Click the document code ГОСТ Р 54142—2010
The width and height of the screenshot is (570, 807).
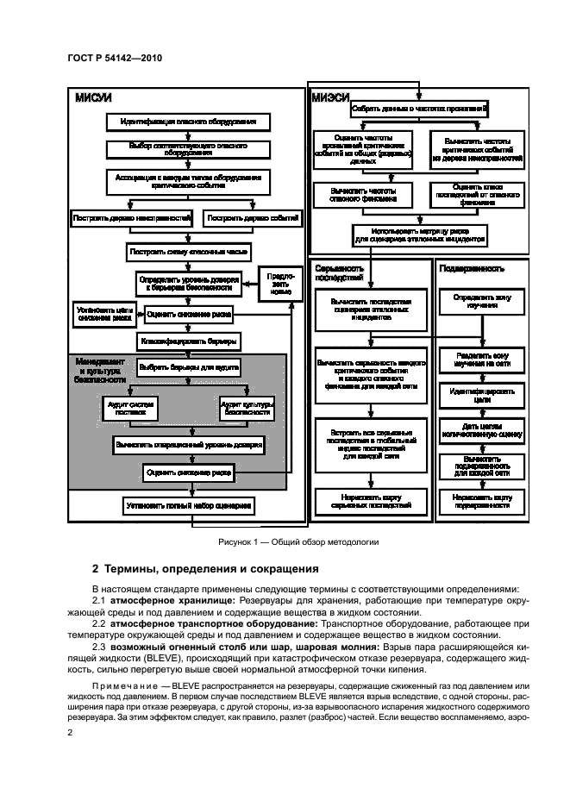[x=115, y=58]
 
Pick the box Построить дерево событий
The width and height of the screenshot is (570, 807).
[x=252, y=220]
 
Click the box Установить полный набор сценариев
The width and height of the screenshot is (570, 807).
[x=189, y=505]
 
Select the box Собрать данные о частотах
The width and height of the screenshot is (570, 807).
[x=419, y=109]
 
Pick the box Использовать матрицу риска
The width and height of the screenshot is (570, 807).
[x=419, y=235]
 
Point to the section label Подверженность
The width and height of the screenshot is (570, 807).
[x=472, y=268]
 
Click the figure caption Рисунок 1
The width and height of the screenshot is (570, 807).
[x=285, y=542]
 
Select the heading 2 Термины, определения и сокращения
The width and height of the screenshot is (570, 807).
[x=193, y=569]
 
